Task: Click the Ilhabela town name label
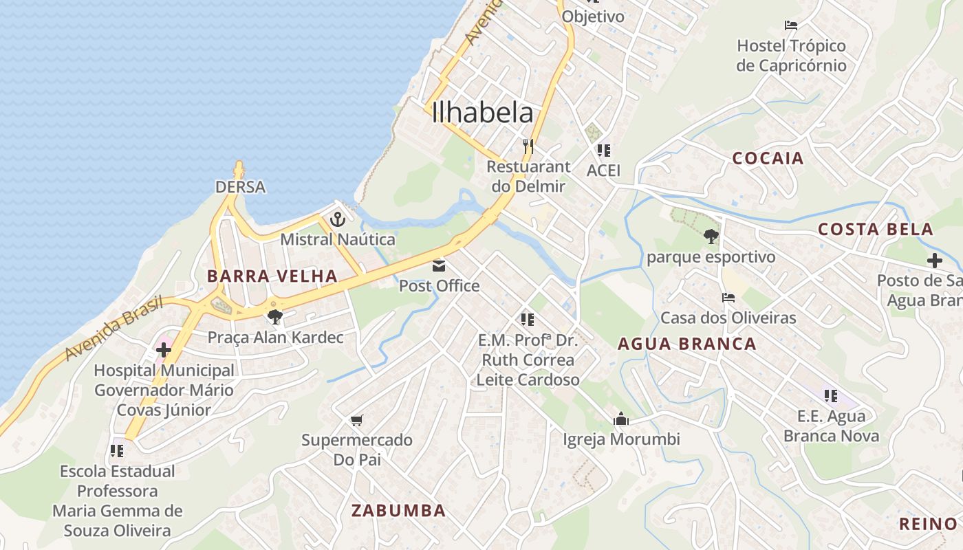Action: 483,113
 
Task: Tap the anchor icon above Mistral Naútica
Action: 337,220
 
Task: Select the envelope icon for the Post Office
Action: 439,266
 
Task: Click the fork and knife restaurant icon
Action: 528,146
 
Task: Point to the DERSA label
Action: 240,187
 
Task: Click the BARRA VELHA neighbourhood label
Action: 273,276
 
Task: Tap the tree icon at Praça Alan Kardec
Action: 275,317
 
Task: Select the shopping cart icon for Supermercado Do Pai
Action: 356,420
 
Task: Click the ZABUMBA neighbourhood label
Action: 398,510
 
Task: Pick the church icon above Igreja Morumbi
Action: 621,419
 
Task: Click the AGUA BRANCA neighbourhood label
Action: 686,344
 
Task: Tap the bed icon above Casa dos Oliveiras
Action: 728,298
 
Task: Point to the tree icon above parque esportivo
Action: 711,236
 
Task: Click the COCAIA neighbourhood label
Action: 768,158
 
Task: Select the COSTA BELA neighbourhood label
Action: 875,230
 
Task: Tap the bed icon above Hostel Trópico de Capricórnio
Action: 791,25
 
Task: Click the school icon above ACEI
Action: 604,150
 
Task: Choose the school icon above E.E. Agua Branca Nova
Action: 831,396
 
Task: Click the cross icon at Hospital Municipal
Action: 164,349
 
